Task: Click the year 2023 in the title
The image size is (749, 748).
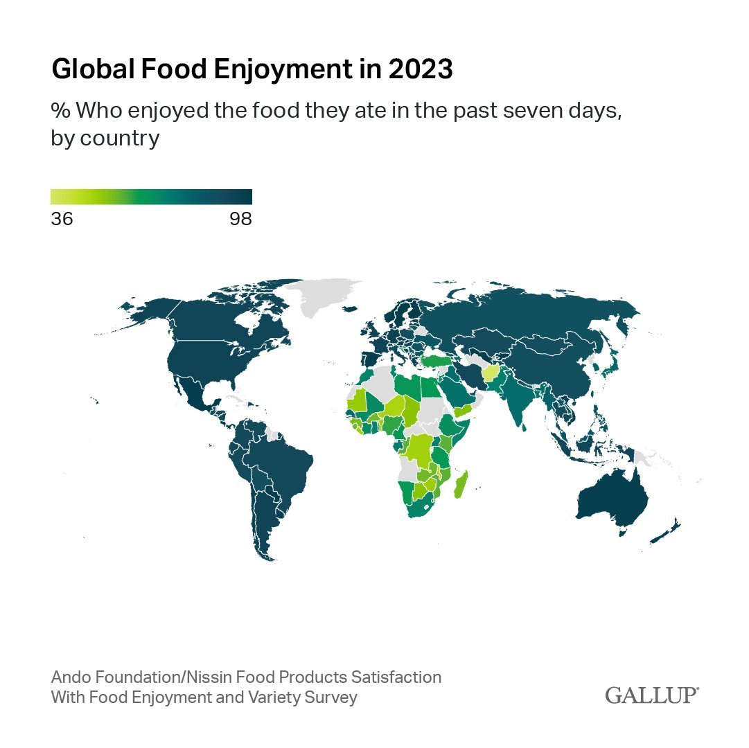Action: click(421, 69)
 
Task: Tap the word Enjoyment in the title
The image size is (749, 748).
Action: click(283, 70)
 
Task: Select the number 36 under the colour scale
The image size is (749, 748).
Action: click(62, 219)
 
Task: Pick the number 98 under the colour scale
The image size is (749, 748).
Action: click(240, 219)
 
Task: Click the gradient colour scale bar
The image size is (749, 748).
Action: click(152, 197)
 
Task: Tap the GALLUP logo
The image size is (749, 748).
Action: click(652, 695)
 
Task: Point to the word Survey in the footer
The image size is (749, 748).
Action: click(331, 697)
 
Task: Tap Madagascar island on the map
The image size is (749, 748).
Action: click(461, 485)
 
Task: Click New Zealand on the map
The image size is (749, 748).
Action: click(667, 532)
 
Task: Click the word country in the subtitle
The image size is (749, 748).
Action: click(120, 139)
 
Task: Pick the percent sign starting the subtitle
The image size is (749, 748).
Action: click(61, 110)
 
